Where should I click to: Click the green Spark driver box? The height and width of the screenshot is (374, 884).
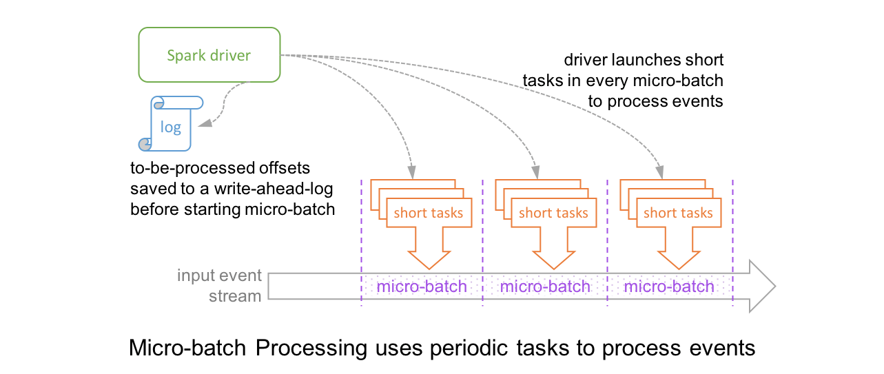pyautogui.click(x=209, y=55)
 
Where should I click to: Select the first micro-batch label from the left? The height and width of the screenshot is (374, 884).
pyautogui.click(x=422, y=286)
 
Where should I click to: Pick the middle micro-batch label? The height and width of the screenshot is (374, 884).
pyautogui.click(x=546, y=286)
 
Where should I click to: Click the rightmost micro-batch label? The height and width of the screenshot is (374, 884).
pyautogui.click(x=670, y=286)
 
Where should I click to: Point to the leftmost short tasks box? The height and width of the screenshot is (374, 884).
pyautogui.click(x=429, y=213)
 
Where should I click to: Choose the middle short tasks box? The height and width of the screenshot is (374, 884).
pyautogui.click(x=553, y=213)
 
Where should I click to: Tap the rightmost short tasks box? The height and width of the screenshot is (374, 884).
pyautogui.click(x=678, y=213)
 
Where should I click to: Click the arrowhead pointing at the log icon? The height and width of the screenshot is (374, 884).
pyautogui.click(x=205, y=124)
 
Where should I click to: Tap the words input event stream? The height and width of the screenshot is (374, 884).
pyautogui.click(x=220, y=286)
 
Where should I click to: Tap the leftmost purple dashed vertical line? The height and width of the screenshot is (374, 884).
pyautogui.click(x=361, y=241)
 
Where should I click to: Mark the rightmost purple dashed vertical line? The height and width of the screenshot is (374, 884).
pyautogui.click(x=733, y=241)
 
